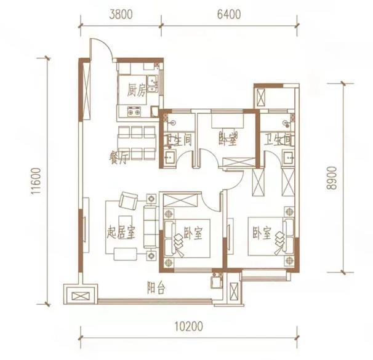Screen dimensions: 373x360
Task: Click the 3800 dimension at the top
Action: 121,15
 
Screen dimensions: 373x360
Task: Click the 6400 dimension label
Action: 229,15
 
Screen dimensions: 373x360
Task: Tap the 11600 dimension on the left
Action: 36,181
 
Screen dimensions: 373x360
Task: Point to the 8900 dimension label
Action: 332,178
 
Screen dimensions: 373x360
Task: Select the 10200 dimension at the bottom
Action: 189,326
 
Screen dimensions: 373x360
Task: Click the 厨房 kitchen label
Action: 136,90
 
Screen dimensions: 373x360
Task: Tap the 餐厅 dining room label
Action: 118,158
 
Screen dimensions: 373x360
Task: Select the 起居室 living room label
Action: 121,233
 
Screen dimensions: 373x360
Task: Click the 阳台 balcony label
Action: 156,288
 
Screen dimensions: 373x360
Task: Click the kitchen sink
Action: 152,84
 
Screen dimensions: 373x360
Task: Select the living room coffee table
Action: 126,254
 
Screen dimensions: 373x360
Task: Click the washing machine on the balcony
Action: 217,282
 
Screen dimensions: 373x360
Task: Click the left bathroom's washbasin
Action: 170,157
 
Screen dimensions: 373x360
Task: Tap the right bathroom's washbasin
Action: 289,157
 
